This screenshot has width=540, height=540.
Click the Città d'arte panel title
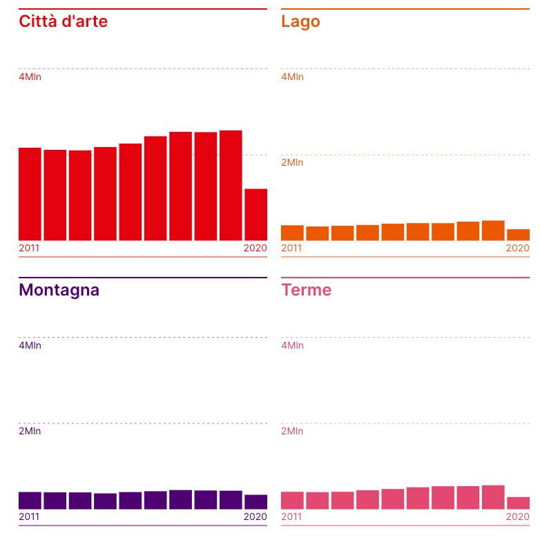click(x=63, y=21)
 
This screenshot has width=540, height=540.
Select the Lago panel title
click(x=300, y=21)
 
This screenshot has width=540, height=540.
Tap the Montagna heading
click(x=59, y=290)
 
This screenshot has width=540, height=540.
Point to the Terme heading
click(x=306, y=290)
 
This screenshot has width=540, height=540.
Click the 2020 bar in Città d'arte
click(x=255, y=215)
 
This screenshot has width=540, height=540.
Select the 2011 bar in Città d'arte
click(x=30, y=194)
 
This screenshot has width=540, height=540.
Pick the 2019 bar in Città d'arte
click(x=231, y=185)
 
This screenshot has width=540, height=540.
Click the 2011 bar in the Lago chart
click(x=292, y=233)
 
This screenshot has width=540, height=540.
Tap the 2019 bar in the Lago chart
click(x=493, y=231)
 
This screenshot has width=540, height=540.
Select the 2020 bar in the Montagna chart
click(x=255, y=502)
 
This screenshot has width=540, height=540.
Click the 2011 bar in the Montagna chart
click(x=30, y=501)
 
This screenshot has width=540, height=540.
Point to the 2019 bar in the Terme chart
click(x=493, y=497)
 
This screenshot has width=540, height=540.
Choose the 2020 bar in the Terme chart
click(x=518, y=503)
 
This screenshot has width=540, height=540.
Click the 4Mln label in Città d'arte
click(x=30, y=77)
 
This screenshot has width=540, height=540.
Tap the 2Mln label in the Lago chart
click(x=292, y=162)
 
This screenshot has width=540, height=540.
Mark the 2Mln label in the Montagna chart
click(x=30, y=431)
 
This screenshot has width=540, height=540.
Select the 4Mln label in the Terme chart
click(x=292, y=345)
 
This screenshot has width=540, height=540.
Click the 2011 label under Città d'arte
click(x=29, y=248)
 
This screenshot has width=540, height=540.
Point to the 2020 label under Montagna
click(x=255, y=517)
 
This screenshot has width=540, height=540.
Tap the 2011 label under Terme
click(x=291, y=517)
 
